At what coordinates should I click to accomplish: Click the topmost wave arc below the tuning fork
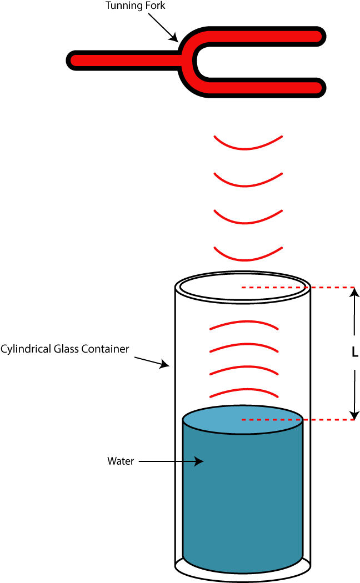tap(247, 148)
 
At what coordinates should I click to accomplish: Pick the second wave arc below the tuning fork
tap(247, 185)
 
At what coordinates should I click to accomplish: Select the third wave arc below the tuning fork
tap(247, 223)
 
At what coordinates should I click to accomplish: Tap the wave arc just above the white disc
tap(247, 259)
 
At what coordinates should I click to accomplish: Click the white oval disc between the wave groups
tap(211, 287)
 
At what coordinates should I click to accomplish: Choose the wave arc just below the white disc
tap(244, 321)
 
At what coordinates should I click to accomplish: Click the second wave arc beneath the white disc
tap(244, 344)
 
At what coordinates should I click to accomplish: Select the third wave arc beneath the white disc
tap(244, 367)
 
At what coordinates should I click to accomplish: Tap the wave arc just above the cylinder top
tap(244, 390)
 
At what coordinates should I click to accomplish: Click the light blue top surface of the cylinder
tap(217, 419)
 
